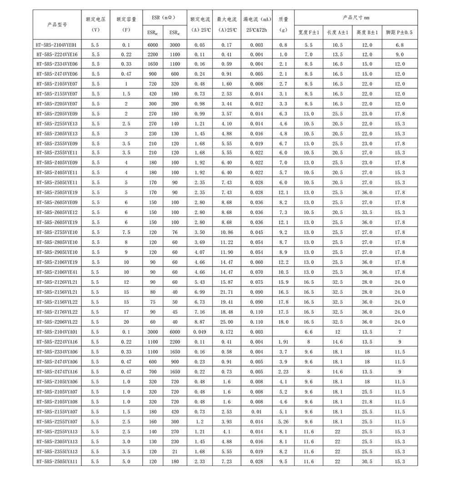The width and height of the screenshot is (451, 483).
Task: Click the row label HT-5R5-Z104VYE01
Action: pyautogui.click(x=57, y=45)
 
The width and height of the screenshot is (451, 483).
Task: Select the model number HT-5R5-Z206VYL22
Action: pyautogui.click(x=57, y=322)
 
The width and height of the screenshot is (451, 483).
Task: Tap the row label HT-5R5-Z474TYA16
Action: pyautogui.click(x=57, y=371)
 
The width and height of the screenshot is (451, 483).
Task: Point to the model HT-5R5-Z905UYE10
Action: pyautogui.click(x=57, y=252)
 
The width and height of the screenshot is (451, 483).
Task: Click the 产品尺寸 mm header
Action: pyautogui.click(x=356, y=17)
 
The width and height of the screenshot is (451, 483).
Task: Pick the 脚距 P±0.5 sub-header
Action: pyautogui.click(x=399, y=33)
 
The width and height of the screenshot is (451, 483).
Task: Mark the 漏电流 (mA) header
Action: pyautogui.click(x=256, y=20)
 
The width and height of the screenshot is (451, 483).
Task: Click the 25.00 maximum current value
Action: pyautogui.click(x=227, y=322)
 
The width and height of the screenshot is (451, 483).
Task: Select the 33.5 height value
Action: pyautogui.click(x=367, y=212)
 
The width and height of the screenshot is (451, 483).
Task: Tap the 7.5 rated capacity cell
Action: pyautogui.click(x=126, y=232)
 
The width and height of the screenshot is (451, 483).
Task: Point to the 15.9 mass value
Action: pyautogui.click(x=283, y=282)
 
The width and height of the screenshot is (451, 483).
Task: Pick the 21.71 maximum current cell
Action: pyautogui.click(x=227, y=292)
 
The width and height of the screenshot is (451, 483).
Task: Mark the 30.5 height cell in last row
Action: pyautogui.click(x=367, y=461)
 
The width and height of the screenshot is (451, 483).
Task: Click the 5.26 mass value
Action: pyautogui.click(x=283, y=421)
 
